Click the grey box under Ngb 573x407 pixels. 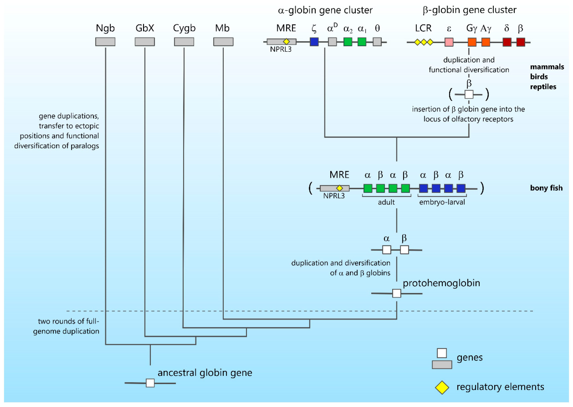click(x=105, y=42)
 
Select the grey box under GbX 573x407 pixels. click(x=145, y=42)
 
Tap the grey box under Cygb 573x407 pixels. click(x=184, y=42)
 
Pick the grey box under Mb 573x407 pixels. click(x=223, y=42)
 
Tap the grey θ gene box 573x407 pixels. click(x=377, y=42)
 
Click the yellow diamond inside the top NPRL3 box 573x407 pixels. click(x=286, y=42)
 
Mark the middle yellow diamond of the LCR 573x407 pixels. click(x=424, y=42)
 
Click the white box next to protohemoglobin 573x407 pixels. click(x=397, y=293)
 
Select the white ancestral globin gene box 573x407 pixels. click(x=150, y=383)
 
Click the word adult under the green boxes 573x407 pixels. click(x=386, y=202)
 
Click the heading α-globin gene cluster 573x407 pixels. click(x=325, y=10)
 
